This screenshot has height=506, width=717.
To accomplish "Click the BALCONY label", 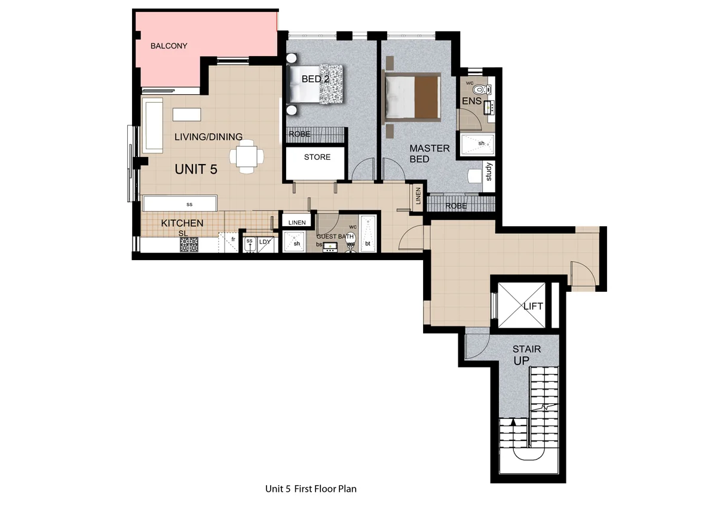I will click(169, 46).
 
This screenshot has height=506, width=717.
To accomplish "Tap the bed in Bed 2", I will click(317, 84).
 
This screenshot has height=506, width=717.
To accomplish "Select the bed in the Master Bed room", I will click(413, 97).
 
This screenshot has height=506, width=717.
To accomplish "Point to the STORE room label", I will click(317, 158).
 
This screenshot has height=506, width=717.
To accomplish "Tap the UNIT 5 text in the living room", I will click(195, 169).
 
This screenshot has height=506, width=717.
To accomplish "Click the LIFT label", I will click(532, 306).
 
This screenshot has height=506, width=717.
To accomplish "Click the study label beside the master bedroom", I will click(488, 172).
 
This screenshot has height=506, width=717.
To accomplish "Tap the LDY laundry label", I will click(265, 242).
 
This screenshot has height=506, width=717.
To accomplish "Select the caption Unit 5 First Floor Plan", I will click(311, 489).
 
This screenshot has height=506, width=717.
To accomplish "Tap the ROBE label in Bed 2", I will click(299, 134).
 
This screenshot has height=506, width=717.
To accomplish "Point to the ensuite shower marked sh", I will click(481, 143).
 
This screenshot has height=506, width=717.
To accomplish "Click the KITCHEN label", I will click(182, 223).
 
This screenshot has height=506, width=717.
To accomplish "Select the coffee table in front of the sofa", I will click(187, 113).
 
